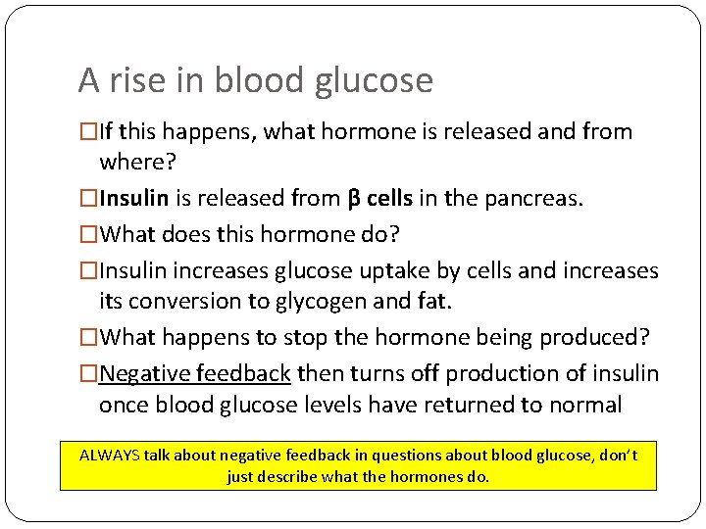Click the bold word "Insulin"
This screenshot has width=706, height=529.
coord(135,199)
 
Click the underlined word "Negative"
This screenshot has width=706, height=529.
coord(145,372)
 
